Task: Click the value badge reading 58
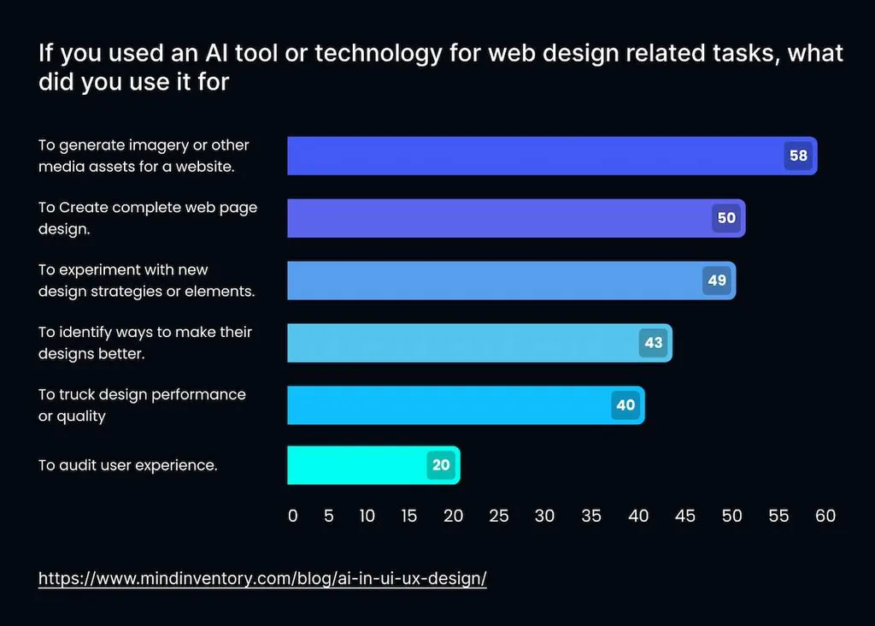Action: tap(798, 156)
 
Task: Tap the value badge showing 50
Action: tap(726, 218)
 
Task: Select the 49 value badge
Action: tap(717, 281)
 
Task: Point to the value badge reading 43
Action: tap(654, 342)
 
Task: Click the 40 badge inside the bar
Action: tap(625, 405)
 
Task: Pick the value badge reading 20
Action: tap(441, 465)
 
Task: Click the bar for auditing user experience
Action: tap(359, 465)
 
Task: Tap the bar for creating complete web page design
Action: tap(496, 218)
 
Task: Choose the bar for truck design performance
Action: tap(444, 405)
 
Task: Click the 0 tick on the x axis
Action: tap(293, 516)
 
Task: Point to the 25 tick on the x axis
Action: tap(498, 516)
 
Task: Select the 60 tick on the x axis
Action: tap(825, 516)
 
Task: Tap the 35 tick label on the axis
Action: tap(590, 516)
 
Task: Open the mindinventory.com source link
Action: tap(262, 578)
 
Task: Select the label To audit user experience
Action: tap(127, 465)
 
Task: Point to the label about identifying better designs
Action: tap(144, 342)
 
